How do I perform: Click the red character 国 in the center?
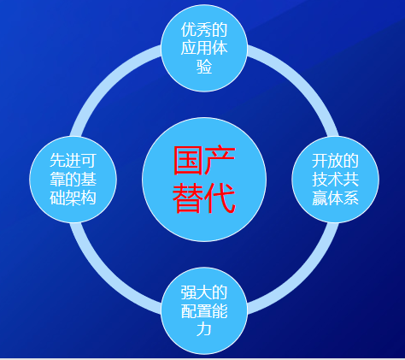click(x=188, y=160)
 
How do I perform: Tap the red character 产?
click(x=220, y=160)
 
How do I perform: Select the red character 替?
click(x=188, y=198)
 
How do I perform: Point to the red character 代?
click(x=220, y=198)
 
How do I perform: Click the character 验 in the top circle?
click(x=204, y=67)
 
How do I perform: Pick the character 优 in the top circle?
click(x=189, y=30)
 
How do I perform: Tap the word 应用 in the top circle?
click(x=197, y=48)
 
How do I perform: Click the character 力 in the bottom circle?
click(x=204, y=329)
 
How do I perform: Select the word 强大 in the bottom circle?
click(x=197, y=292)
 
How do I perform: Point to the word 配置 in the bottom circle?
click(x=197, y=310)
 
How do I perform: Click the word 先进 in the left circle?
click(x=65, y=161)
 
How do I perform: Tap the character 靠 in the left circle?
click(x=57, y=179)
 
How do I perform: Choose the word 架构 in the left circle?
click(x=81, y=198)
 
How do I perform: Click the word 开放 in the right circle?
click(x=327, y=161)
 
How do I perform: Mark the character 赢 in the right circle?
click(x=320, y=198)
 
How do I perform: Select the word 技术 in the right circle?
click(x=327, y=179)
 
